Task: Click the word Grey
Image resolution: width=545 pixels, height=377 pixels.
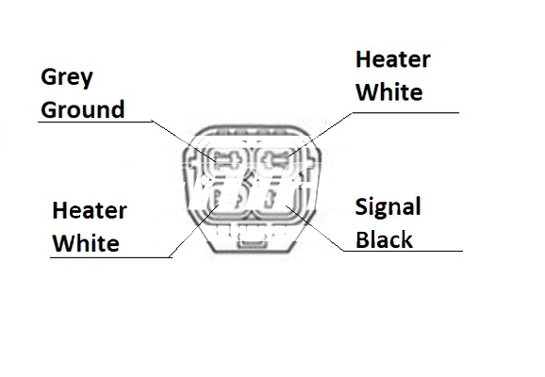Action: pos(67,77)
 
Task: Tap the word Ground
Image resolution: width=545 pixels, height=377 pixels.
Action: pos(82,109)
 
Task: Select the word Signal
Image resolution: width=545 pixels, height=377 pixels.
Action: pos(388,207)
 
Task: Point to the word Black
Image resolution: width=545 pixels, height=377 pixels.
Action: pos(384,239)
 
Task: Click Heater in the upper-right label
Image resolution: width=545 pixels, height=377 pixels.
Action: pos(393,59)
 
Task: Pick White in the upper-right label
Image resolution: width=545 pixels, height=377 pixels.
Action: pos(389,92)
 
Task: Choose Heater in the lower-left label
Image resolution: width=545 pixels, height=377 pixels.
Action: pos(90,210)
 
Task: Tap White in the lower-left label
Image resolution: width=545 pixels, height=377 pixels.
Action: pos(86,242)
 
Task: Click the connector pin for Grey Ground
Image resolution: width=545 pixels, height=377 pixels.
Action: pos(226,161)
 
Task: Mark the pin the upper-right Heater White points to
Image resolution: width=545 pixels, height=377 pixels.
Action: pos(275,161)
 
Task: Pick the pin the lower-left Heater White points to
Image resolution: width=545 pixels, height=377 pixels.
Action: pos(226,200)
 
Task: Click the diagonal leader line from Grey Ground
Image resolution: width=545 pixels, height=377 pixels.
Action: pos(184,141)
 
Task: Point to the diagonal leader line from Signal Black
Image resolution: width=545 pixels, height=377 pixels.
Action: pos(315,228)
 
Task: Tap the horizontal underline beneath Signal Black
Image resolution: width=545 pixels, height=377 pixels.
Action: pos(403,251)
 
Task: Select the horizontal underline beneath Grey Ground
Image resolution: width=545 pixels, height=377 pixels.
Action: pos(94,122)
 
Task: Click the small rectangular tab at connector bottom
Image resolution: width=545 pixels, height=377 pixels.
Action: pos(253,244)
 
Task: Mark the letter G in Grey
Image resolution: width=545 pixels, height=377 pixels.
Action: pos(48,76)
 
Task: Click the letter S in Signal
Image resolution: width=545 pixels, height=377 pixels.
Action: pos(362,206)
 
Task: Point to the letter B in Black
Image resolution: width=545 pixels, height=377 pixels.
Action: pos(362,239)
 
